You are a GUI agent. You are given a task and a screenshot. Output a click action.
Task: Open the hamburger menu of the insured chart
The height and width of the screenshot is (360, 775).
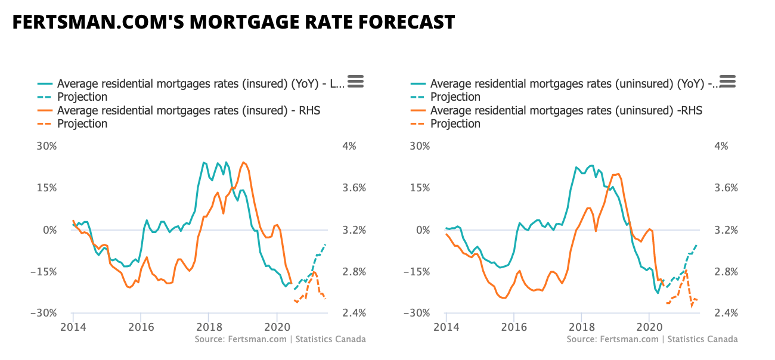pyautogui.click(x=356, y=82)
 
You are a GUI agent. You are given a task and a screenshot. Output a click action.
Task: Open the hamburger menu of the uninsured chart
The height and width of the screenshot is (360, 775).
pyautogui.click(x=728, y=82)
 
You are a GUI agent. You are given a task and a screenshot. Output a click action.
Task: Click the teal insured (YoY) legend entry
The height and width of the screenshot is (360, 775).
pyautogui.click(x=200, y=84)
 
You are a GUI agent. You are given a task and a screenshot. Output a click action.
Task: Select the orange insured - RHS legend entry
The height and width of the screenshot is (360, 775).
pyautogui.click(x=188, y=110)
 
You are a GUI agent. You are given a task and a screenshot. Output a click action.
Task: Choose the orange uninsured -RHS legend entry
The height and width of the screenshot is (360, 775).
pyautogui.click(x=566, y=110)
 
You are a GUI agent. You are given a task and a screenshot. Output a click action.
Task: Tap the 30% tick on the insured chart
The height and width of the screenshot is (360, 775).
pyautogui.click(x=46, y=147)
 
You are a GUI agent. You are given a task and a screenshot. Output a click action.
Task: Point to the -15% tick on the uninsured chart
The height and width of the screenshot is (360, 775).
pyautogui.click(x=417, y=272)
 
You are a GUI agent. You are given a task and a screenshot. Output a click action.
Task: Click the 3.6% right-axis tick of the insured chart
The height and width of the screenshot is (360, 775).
pyautogui.click(x=355, y=188)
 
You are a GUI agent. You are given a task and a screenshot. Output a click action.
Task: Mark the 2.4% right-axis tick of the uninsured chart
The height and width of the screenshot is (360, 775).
pyautogui.click(x=727, y=314)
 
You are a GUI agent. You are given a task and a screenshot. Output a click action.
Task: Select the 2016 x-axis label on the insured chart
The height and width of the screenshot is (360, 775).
pyautogui.click(x=141, y=327)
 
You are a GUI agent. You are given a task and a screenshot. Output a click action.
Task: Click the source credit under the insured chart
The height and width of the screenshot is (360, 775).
pyautogui.click(x=280, y=339)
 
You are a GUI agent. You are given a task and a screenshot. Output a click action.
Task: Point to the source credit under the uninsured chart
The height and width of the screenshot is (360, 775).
pyautogui.click(x=652, y=339)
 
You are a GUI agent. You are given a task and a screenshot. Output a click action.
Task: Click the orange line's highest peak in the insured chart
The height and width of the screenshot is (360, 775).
pyautogui.click(x=243, y=162)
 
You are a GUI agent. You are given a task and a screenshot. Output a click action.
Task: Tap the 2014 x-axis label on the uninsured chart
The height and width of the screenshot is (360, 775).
pyautogui.click(x=445, y=327)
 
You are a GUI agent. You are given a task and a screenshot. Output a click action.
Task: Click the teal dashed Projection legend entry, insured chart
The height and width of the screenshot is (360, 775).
pyautogui.click(x=82, y=97)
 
